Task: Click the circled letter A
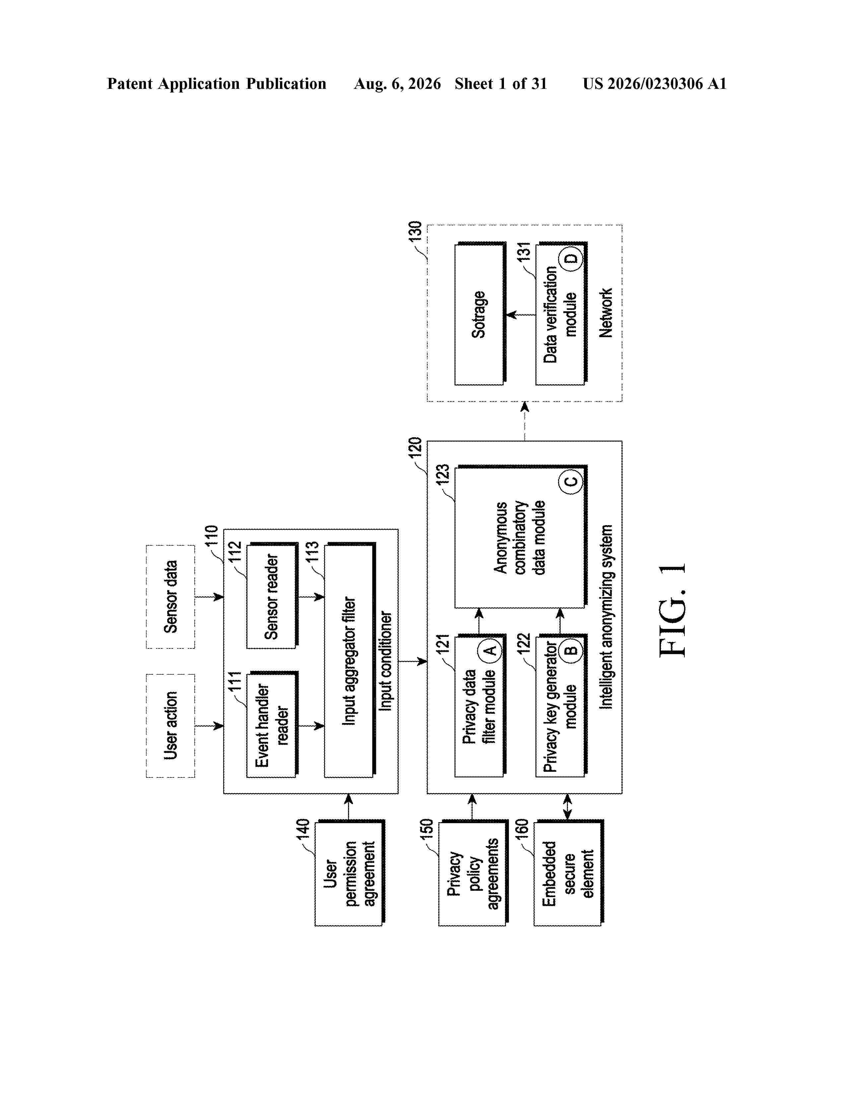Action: [490, 650]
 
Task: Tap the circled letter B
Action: [571, 650]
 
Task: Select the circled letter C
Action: [571, 481]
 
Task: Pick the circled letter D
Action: [571, 259]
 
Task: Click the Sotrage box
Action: [480, 314]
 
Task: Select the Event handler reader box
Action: [272, 724]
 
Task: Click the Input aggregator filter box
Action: [350, 660]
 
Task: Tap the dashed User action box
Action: [171, 726]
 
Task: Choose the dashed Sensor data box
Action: [171, 597]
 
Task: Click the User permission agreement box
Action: [350, 873]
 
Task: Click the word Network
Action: [605, 313]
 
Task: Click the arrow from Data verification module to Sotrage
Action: [521, 315]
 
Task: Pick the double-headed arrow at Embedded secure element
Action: [567, 807]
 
